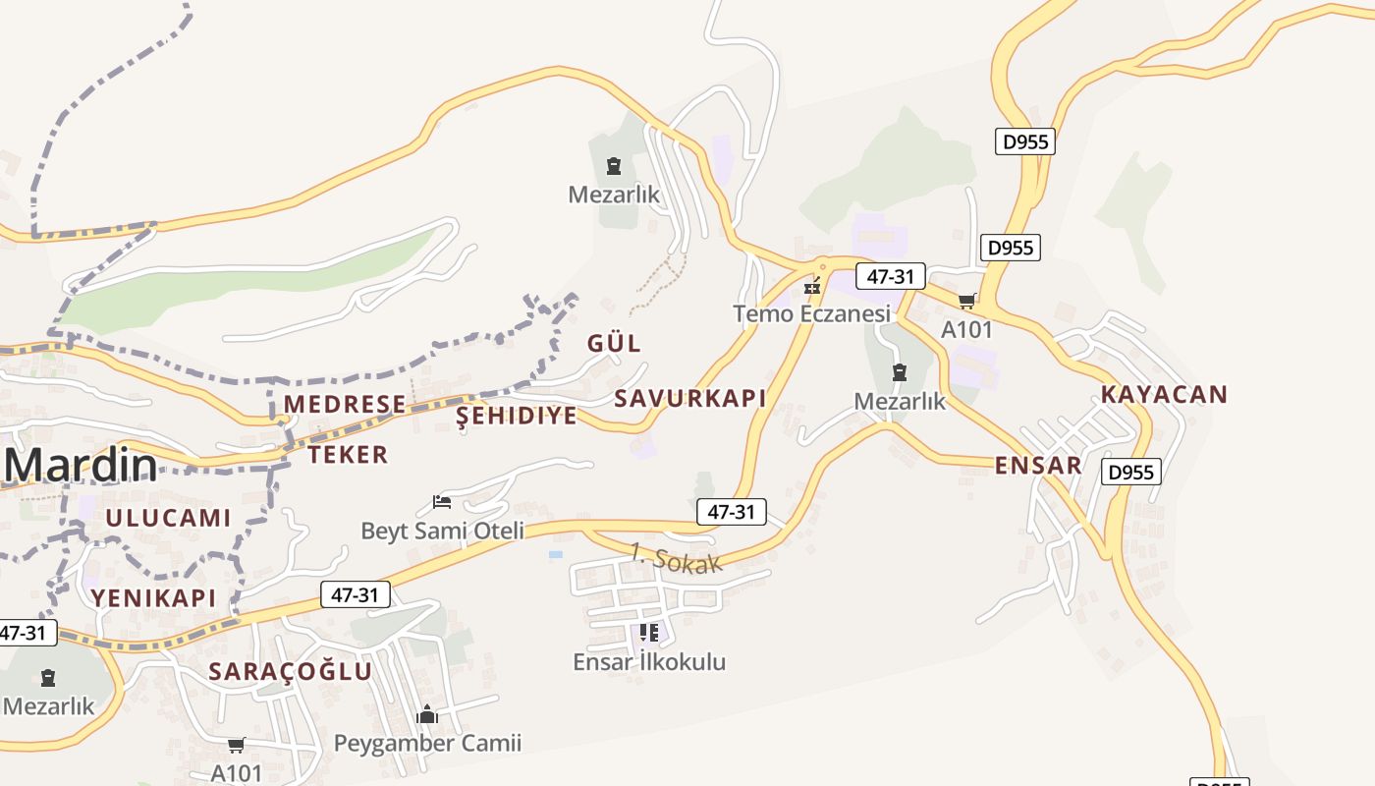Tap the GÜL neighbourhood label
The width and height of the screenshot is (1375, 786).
pyautogui.click(x=614, y=343)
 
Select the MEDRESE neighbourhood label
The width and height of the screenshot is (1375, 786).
pyautogui.click(x=345, y=404)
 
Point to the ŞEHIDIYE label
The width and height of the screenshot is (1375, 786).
pyautogui.click(x=517, y=416)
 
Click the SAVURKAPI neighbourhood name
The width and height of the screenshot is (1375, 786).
pyautogui.click(x=689, y=398)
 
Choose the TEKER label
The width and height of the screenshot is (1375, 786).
pyautogui.click(x=348, y=454)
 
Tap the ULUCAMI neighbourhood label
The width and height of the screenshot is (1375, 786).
pyautogui.click(x=168, y=518)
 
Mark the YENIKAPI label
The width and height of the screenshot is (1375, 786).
pyautogui.click(x=153, y=597)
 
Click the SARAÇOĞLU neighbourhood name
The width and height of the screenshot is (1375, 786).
pyautogui.click(x=291, y=671)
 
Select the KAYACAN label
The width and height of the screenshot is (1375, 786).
pyautogui.click(x=1164, y=394)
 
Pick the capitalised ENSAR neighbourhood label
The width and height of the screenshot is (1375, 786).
pyautogui.click(x=1038, y=465)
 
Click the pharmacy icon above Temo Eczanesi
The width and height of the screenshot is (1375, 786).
pyautogui.click(x=812, y=287)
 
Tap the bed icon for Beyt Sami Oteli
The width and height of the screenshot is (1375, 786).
pyautogui.click(x=442, y=503)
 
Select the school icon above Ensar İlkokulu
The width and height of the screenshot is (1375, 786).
pyautogui.click(x=648, y=633)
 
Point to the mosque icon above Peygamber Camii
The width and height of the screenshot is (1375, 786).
pyautogui.click(x=427, y=714)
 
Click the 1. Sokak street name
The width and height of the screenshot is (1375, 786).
pyautogui.click(x=676, y=558)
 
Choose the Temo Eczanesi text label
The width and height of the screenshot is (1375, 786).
pyautogui.click(x=811, y=313)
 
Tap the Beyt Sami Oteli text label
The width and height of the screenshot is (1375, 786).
pyautogui.click(x=442, y=531)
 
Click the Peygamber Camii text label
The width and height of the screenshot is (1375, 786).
pyautogui.click(x=427, y=743)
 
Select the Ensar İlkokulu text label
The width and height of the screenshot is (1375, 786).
pyautogui.click(x=649, y=661)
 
